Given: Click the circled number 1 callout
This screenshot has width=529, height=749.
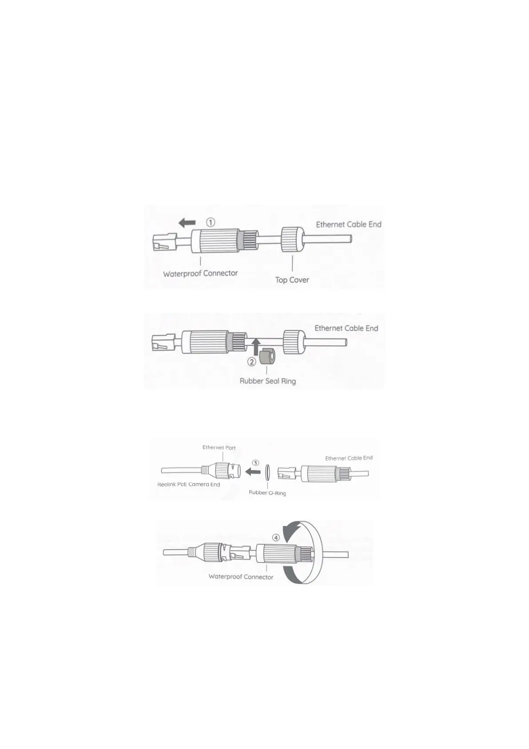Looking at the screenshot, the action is click(211, 222).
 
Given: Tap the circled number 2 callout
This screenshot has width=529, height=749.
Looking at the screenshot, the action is click(251, 362).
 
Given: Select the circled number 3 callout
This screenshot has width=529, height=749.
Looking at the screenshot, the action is click(255, 463).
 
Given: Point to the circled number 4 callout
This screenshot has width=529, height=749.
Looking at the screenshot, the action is click(276, 537).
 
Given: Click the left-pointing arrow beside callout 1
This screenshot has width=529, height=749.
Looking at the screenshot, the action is click(187, 222).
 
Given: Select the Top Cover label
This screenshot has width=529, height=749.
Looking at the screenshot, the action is click(292, 280).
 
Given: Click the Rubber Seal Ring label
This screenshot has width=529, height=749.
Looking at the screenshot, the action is click(267, 381).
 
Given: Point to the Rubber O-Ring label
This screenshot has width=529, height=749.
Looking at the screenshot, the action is click(267, 493).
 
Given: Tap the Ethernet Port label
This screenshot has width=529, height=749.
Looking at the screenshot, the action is click(219, 447).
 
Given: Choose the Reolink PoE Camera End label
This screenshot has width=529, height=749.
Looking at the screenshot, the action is click(188, 484).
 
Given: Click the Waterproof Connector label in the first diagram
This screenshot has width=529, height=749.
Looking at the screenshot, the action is click(200, 273).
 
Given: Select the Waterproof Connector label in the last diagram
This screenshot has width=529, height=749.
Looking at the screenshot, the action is click(241, 577).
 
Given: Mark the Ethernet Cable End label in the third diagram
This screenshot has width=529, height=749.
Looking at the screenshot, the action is click(349, 458).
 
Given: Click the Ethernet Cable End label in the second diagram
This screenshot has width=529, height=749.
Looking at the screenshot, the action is click(346, 328).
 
